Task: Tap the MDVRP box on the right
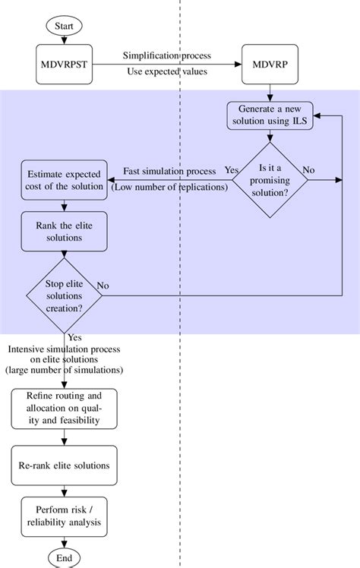tap(270, 65)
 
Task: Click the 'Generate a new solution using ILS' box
tap(270, 115)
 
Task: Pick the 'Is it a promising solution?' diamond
tap(270, 180)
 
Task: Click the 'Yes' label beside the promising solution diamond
tap(231, 170)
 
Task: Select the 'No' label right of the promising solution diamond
tap(309, 170)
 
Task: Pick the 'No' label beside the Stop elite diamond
tap(103, 286)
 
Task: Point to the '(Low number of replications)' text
tap(169, 187)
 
